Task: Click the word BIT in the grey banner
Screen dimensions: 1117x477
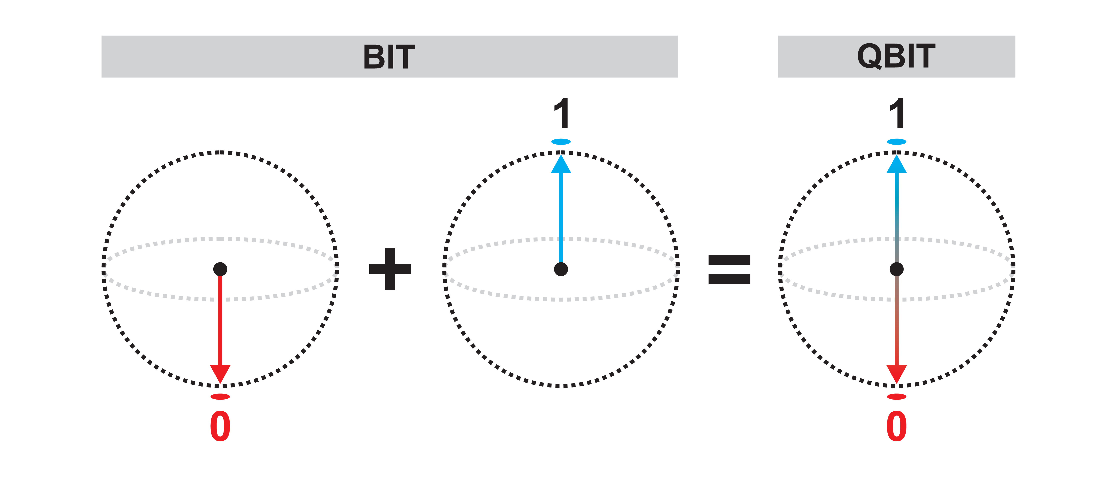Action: [389, 57]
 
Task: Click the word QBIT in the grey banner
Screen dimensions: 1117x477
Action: [896, 56]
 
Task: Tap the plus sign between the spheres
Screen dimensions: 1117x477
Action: [390, 269]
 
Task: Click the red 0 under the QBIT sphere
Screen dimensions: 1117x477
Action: [896, 426]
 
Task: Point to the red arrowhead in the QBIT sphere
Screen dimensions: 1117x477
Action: [896, 373]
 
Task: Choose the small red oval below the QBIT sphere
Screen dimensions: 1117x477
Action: [896, 396]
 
